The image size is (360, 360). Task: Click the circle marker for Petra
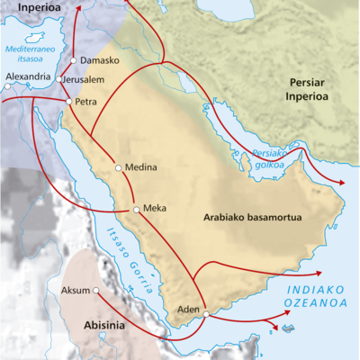[68, 101]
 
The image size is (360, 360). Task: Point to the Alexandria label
[28, 77]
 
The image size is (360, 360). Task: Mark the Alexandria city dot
[7, 87]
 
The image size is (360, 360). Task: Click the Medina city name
[142, 167]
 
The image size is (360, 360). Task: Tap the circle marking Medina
[119, 167]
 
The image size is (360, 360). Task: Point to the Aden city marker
[206, 314]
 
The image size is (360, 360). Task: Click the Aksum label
[74, 291]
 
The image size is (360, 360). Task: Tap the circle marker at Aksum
[95, 291]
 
